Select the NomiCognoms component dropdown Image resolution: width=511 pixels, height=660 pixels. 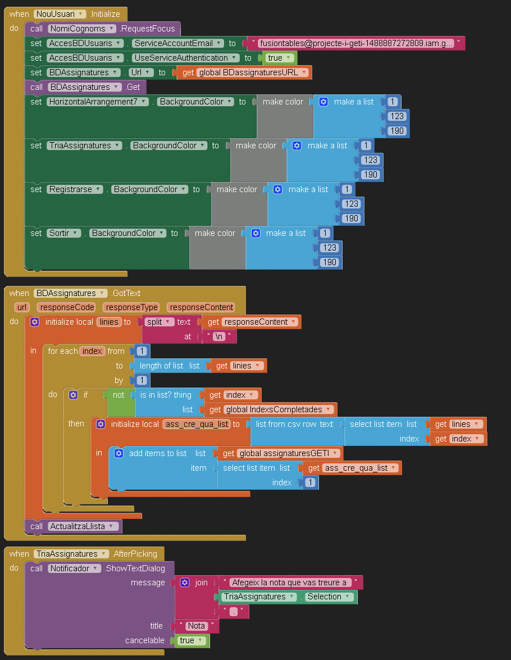(x=82, y=29)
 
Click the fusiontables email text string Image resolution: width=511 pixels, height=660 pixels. (x=357, y=43)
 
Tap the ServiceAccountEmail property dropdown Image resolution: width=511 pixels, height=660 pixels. (x=177, y=43)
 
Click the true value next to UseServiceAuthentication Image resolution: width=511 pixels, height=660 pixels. (x=279, y=58)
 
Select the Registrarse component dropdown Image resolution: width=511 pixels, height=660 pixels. (x=75, y=189)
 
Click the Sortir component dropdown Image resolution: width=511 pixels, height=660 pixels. (x=63, y=233)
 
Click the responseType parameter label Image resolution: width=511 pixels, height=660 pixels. (x=131, y=307)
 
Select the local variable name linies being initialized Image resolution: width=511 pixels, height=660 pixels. (x=109, y=322)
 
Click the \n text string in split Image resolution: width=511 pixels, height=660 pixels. (x=220, y=336)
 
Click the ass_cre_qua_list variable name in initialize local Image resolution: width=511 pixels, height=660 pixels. (x=197, y=424)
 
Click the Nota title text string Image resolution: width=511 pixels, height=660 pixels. (x=197, y=626)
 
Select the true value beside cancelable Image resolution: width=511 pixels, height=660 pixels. (x=191, y=640)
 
